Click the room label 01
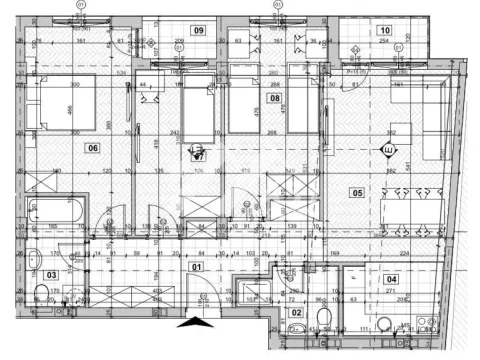197,267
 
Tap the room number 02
296,313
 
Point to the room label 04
392,279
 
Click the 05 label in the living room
356,193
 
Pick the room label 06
93,149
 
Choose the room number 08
274,98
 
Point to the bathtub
56,212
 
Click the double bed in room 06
64,100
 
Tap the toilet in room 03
41,294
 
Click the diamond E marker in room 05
387,150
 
